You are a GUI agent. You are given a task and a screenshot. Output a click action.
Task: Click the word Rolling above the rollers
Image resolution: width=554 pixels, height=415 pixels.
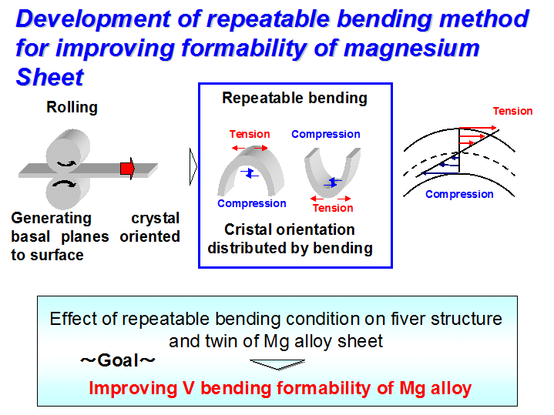pos(72,107)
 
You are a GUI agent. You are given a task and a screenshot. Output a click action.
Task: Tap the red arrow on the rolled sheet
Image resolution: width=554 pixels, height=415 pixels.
pos(127,169)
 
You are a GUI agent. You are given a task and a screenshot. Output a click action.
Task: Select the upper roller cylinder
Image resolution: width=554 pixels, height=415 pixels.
pos(68,151)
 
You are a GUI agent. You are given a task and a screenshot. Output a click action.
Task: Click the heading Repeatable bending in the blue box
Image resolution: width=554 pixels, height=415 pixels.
pos(294,99)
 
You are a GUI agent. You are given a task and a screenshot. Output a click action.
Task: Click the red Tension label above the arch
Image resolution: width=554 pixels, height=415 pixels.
pos(250,134)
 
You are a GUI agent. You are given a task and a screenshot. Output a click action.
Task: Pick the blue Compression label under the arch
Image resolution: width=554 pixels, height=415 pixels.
pos(251,203)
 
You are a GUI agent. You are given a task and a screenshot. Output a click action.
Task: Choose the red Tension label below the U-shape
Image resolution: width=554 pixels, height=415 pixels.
pos(333,208)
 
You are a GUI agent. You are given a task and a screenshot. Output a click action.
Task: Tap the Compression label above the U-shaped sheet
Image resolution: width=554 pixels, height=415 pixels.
pos(326,134)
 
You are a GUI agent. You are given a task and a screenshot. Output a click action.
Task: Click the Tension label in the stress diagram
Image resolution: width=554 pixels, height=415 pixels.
pos(512,111)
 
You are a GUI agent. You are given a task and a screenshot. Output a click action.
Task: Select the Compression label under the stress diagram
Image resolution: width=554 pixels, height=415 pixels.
pos(459,194)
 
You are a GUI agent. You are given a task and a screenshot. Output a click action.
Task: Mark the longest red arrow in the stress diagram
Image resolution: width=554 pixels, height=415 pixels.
pos(478,128)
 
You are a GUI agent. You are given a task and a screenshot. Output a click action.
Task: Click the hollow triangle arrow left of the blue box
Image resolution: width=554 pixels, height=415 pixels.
pos(193,167)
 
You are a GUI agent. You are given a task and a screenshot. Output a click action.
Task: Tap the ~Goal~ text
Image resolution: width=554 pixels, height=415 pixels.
pos(118,360)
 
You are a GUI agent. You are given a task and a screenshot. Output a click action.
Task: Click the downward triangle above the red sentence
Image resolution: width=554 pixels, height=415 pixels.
pos(277,364)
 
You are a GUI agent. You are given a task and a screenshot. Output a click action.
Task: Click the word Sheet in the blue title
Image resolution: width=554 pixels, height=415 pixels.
pos(50,77)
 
